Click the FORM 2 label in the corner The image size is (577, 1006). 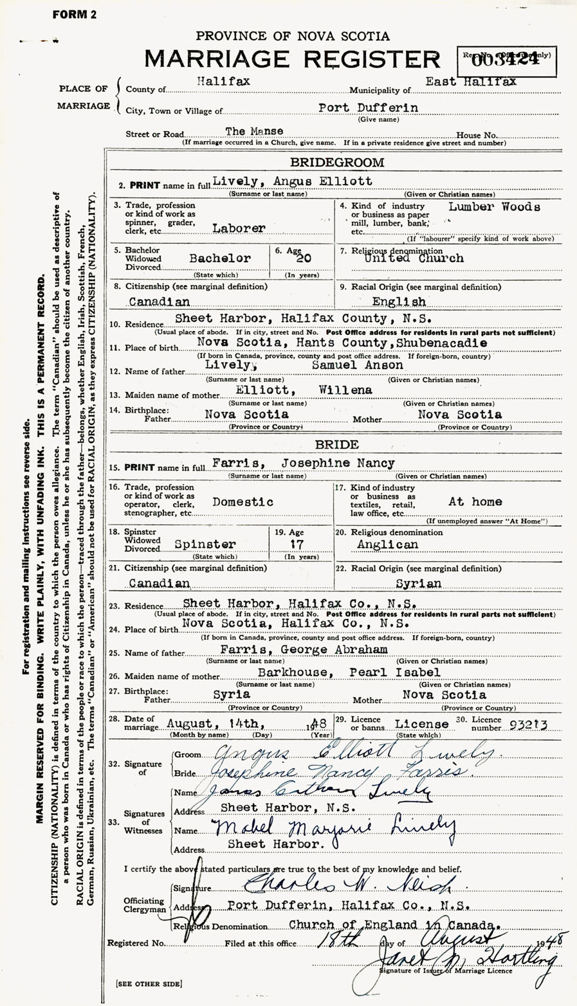point(75,15)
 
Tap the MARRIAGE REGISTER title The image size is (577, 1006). point(293,59)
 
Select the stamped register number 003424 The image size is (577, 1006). point(506,62)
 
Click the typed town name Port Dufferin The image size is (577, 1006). point(368,108)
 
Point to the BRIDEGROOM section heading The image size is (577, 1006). point(336,163)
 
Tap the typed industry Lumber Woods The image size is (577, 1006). point(494,207)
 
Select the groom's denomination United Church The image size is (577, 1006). point(422,258)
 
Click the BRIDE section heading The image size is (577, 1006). point(336,445)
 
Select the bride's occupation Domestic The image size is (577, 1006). point(243,501)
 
